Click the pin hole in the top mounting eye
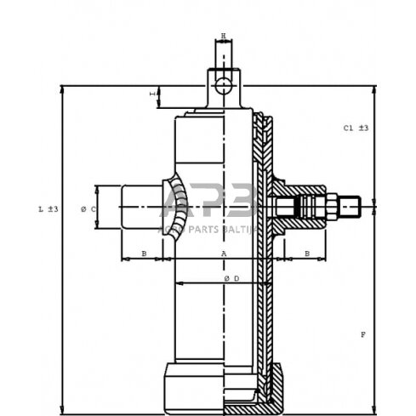point(224,85)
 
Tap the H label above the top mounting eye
point(224,36)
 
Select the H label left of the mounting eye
point(154,94)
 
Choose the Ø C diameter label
point(88,208)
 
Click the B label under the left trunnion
point(144,254)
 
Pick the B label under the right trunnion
point(306,254)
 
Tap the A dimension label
point(224,254)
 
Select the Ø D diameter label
point(232,279)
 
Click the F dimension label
point(362,334)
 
